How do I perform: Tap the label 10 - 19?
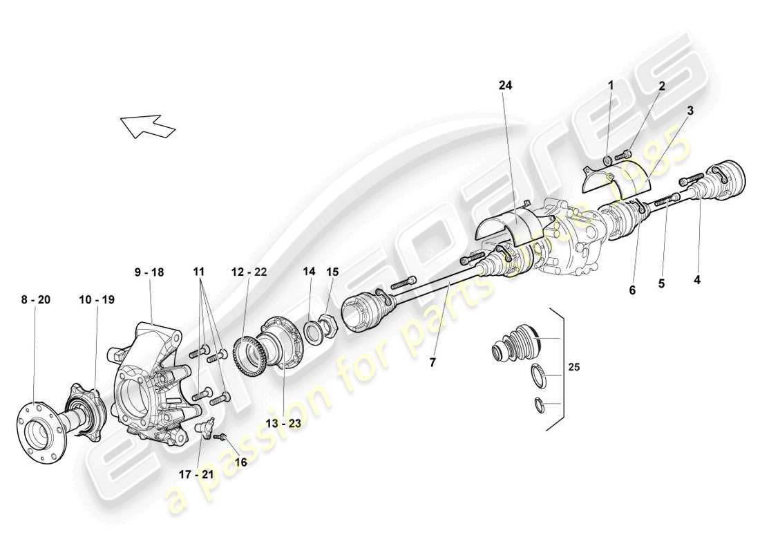(96, 299)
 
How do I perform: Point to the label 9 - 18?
(149, 272)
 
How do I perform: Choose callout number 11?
(199, 272)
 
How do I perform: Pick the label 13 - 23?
(283, 424)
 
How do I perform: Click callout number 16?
(240, 461)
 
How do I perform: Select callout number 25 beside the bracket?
(574, 368)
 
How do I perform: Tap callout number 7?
(433, 361)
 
